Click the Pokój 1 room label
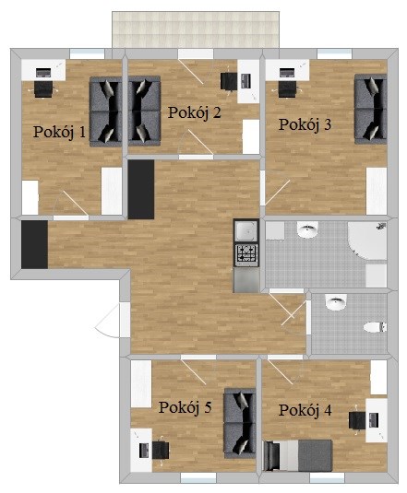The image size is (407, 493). tap(59, 133)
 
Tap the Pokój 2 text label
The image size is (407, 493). tap(194, 113)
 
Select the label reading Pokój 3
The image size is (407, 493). tap(305, 124)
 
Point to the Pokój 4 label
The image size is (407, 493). tap(305, 410)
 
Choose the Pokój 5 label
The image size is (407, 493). tap(185, 407)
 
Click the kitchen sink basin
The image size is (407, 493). tap(246, 231)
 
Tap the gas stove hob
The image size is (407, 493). tap(246, 255)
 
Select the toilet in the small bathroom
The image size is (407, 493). tap(375, 327)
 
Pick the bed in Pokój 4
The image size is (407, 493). tap(298, 455)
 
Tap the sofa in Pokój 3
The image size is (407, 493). tap(370, 109)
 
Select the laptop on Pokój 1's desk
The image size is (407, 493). tap(43, 73)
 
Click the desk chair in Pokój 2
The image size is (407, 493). tap(228, 82)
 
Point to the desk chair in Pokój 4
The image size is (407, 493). tap(357, 420)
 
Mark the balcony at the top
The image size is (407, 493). tap(196, 29)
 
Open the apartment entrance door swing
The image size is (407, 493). tap(107, 320)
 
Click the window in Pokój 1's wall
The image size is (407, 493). tap(87, 53)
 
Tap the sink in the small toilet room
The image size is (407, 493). tap(336, 302)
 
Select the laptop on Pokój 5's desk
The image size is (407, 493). tap(144, 451)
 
